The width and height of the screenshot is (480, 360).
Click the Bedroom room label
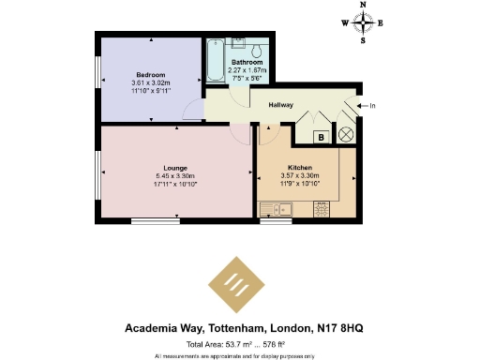tap(150, 75)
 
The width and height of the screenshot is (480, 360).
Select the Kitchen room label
tap(300, 168)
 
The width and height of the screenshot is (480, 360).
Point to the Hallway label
tap(280, 105)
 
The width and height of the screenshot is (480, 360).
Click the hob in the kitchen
tap(320, 209)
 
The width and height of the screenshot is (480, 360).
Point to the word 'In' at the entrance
tap(372, 105)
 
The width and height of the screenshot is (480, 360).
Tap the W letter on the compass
tap(344, 25)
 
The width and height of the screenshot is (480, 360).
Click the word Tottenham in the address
tap(217, 329)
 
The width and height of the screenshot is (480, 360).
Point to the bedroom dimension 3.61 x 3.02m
tap(150, 82)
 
